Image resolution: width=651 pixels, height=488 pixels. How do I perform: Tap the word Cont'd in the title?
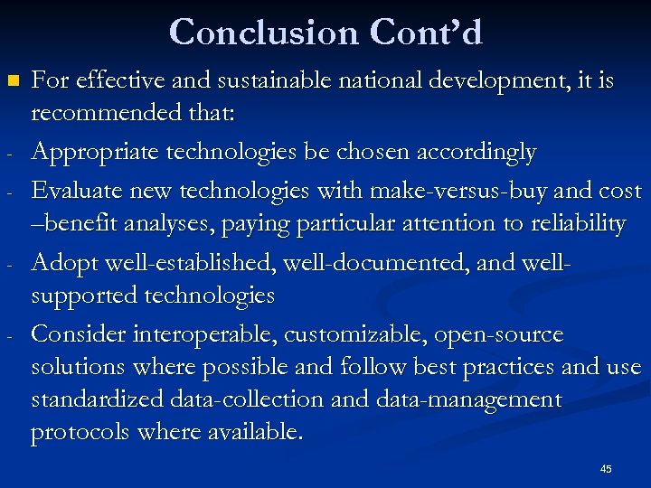point(425,33)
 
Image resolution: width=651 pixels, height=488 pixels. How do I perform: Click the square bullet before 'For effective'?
point(12,81)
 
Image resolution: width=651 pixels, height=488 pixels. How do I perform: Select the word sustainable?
point(269,81)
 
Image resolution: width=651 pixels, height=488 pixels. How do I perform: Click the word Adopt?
point(65,264)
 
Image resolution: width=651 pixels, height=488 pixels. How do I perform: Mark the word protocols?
point(80,432)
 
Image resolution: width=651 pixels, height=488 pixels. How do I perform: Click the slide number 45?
point(605,469)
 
